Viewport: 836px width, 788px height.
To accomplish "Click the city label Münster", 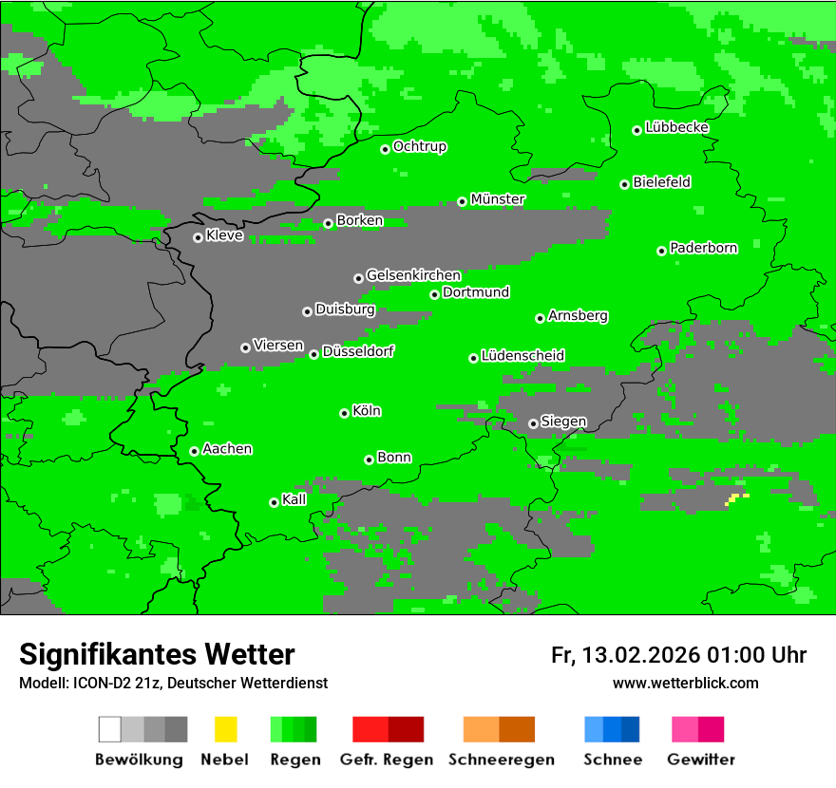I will [498, 199].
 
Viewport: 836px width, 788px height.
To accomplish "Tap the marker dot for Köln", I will [344, 413].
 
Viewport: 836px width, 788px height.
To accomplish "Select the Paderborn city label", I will [703, 248].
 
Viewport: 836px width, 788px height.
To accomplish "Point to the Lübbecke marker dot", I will [637, 130].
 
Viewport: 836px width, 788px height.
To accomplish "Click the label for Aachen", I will [227, 449].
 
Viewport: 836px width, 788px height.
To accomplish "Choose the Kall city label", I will [294, 499].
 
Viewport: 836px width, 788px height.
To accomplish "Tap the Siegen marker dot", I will [533, 423].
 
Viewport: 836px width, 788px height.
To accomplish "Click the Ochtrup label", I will [420, 147].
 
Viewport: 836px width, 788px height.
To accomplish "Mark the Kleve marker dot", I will [198, 237].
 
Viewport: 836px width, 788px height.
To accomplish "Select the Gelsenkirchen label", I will [413, 275].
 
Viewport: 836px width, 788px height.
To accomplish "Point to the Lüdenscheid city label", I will [522, 356].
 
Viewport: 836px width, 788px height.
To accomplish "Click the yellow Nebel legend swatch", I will [225, 729].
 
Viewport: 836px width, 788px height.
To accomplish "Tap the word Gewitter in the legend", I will [700, 760].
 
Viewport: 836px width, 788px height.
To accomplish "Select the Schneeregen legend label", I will [500, 760].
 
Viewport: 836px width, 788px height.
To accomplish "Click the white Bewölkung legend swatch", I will [109, 729].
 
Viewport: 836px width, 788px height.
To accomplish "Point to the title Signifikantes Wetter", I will [157, 655].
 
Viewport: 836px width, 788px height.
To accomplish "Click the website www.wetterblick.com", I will [685, 683].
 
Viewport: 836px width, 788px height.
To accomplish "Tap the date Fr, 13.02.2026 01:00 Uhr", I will [678, 655].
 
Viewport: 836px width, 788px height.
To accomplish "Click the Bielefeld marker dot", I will [625, 184].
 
